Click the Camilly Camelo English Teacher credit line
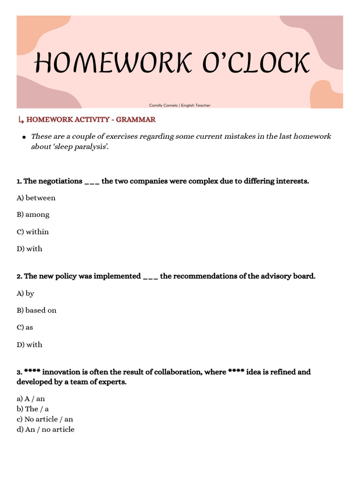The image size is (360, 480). (180, 105)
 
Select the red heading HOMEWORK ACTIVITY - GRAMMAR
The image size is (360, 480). (91, 120)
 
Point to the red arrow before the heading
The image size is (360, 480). (20, 120)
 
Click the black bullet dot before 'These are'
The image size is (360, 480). (23, 137)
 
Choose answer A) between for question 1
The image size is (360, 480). (36, 198)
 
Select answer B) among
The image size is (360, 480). (33, 215)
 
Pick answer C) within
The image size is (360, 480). (33, 232)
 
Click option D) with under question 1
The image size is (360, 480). (30, 249)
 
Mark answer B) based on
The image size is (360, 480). (37, 310)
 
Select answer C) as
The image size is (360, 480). (25, 327)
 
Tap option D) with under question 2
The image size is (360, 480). (30, 345)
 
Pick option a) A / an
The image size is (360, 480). (31, 398)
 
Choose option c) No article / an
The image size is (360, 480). (45, 419)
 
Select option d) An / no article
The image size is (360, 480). (45, 429)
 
